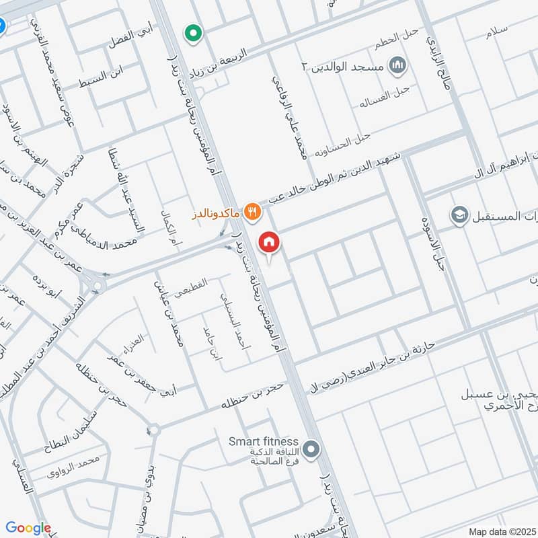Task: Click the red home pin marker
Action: tap(269, 241)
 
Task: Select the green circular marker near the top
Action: tap(194, 32)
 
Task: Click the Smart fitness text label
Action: tap(263, 442)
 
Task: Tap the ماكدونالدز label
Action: tap(217, 212)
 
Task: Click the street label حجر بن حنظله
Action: tap(256, 396)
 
